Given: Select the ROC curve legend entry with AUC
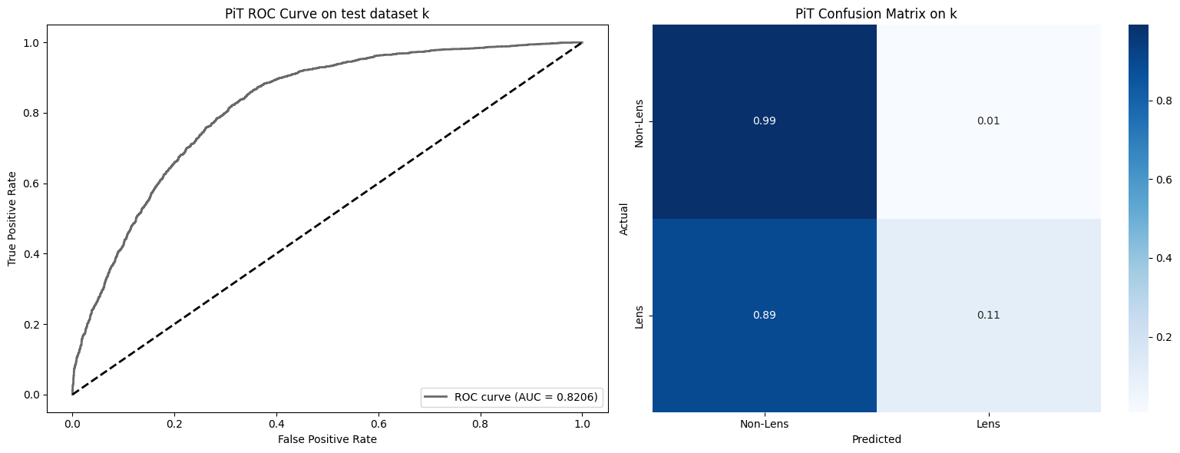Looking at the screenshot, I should pyautogui.click(x=511, y=397).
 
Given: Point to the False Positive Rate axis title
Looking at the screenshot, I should pyautogui.click(x=328, y=439).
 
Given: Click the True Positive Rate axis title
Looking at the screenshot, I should pyautogui.click(x=12, y=219).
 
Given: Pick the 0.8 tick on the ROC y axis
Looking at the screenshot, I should pyautogui.click(x=33, y=113).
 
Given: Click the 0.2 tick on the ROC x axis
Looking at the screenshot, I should pyautogui.click(x=174, y=421).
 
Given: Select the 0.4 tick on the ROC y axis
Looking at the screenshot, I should pyautogui.click(x=33, y=254).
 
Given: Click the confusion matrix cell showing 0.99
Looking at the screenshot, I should pyautogui.click(x=764, y=121).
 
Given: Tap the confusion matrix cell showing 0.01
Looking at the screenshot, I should pyautogui.click(x=988, y=121).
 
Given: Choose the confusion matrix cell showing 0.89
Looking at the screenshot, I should pyautogui.click(x=764, y=316).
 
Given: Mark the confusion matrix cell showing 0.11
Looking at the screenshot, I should pyautogui.click(x=988, y=316).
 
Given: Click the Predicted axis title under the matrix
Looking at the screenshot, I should pyautogui.click(x=876, y=440).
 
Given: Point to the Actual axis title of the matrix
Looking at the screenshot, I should pyautogui.click(x=624, y=219).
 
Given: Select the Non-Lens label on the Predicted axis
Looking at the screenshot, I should pyautogui.click(x=764, y=424).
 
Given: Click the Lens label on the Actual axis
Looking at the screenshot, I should pyautogui.click(x=639, y=316).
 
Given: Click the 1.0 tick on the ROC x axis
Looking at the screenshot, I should pyautogui.click(x=582, y=421).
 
